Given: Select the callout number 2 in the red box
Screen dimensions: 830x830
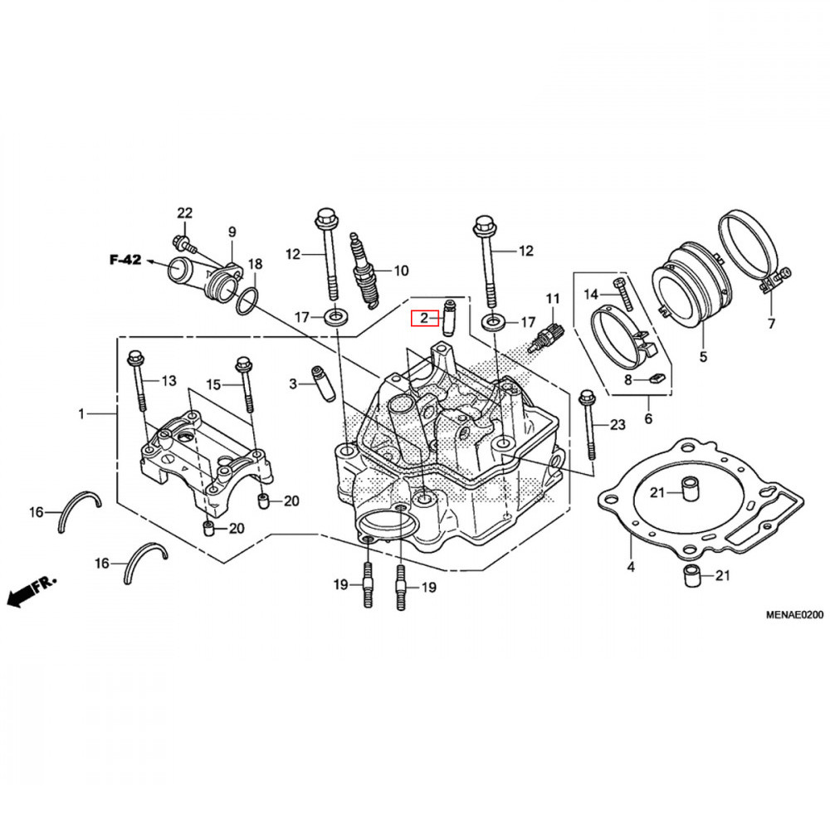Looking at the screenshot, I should [x=423, y=317].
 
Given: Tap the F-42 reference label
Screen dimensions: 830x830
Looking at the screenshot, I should [x=125, y=260].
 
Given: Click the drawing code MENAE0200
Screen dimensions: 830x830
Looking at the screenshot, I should [x=793, y=615].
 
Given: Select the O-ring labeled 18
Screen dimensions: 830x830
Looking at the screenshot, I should [x=247, y=302].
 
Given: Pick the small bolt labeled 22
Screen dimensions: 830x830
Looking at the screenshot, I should [x=184, y=243].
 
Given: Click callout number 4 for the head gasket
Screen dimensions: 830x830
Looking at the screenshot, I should [x=631, y=568].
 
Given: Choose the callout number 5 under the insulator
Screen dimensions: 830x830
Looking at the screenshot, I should [x=703, y=358].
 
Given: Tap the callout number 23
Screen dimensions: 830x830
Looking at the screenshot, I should [x=616, y=425].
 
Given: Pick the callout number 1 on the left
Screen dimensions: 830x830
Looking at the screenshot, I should [x=81, y=413].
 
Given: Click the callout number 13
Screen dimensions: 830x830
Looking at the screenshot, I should [x=168, y=381].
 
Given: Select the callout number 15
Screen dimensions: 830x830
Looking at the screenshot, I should [x=214, y=384].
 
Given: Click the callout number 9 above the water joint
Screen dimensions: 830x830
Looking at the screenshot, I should [x=232, y=231].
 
